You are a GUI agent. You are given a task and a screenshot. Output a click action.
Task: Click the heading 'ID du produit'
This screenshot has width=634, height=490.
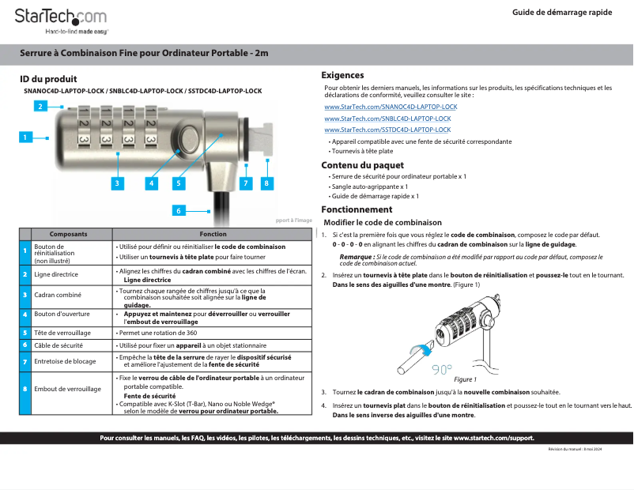[x=48, y=79]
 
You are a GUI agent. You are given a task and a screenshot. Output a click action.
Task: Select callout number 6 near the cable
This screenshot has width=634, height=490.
[x=179, y=211]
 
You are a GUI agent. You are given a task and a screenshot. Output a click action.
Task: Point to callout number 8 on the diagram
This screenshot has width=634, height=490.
[x=266, y=183]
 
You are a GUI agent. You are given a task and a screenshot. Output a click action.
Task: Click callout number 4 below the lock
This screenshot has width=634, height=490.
[x=149, y=183]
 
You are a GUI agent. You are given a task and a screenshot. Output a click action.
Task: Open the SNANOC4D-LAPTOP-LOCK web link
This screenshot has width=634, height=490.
[x=391, y=106]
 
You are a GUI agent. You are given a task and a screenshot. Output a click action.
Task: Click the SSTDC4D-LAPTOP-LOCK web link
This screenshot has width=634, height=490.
[x=387, y=130]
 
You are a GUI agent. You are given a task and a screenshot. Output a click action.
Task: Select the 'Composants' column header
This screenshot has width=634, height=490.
[x=69, y=235]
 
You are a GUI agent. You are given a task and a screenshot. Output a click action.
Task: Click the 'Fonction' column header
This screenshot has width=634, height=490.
[x=213, y=235]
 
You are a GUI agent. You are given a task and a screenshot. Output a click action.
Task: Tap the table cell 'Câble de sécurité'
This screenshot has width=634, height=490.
[x=58, y=345]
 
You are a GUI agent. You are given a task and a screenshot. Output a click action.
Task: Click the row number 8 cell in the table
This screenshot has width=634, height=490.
[x=25, y=389]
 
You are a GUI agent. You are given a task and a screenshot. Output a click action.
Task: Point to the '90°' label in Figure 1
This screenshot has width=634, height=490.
[x=440, y=370]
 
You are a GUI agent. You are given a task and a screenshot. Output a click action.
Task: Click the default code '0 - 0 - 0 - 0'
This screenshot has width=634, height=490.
[x=348, y=245]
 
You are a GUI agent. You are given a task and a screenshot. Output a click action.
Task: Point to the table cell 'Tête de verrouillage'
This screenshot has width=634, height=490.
[x=62, y=333]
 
